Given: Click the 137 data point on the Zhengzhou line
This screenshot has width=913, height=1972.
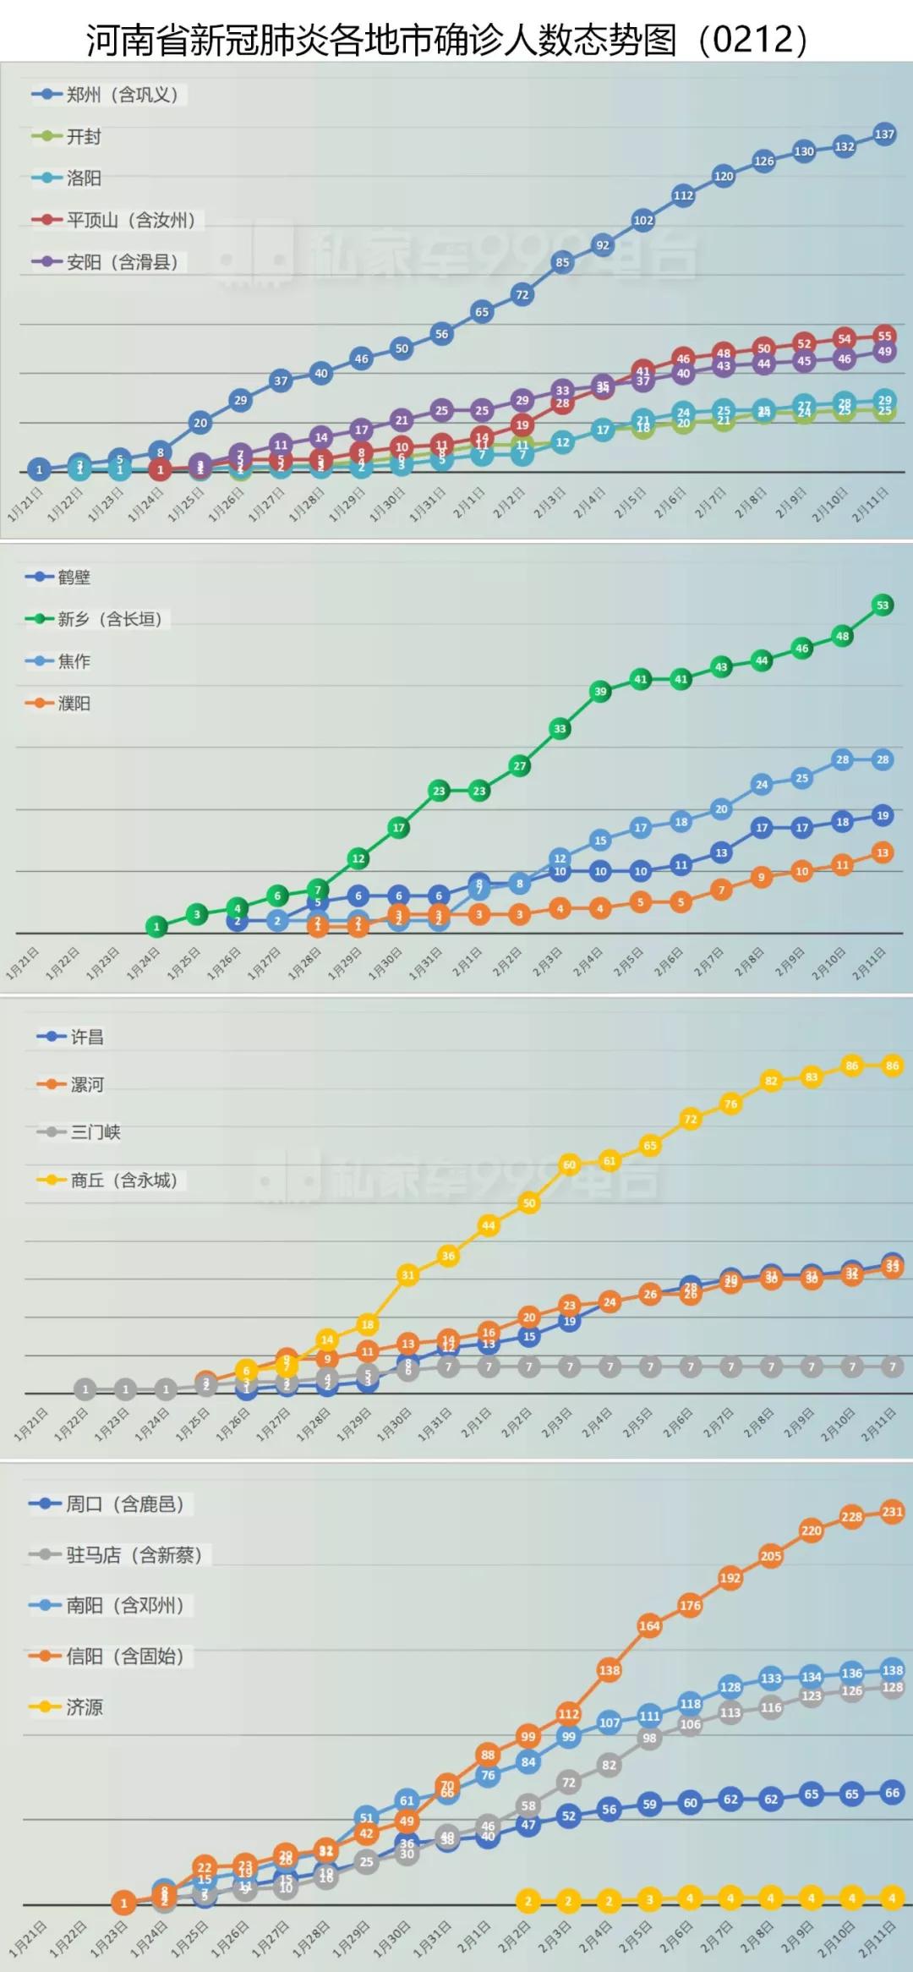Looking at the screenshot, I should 884,134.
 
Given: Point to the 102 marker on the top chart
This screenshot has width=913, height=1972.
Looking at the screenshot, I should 643,220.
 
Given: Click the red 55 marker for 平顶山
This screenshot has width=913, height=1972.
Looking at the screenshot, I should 884,336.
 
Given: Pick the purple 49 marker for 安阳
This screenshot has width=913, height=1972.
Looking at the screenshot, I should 884,352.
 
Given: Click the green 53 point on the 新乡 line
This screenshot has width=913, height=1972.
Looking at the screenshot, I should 883,605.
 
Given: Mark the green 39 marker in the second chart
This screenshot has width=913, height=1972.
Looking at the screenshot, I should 600,691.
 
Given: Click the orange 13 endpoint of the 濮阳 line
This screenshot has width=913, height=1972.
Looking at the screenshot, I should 883,852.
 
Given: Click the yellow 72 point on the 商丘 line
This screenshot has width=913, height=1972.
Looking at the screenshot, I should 691,1119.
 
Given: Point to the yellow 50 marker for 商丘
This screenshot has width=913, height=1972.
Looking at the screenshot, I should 529,1202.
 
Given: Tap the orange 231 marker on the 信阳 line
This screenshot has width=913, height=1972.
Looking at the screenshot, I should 892,1511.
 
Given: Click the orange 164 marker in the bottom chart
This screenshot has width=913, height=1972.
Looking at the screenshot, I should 649,1625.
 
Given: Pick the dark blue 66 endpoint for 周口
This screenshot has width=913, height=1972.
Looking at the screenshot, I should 892,1793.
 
